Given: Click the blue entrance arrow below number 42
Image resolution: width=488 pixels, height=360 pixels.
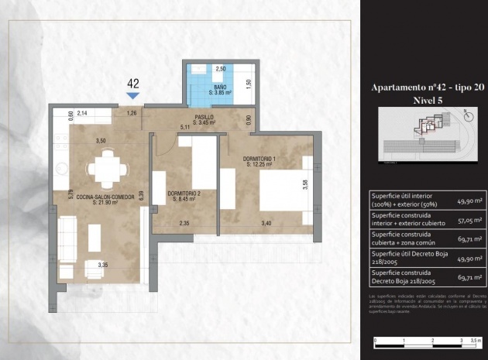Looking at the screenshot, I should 132,95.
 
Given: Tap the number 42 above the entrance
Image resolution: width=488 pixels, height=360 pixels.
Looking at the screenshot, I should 132,83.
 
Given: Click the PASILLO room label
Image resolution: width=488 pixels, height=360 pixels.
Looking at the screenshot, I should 204,119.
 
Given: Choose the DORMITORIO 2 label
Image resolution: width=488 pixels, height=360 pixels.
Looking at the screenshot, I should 184,196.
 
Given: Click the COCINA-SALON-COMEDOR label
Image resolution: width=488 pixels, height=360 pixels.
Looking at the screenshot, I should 101,201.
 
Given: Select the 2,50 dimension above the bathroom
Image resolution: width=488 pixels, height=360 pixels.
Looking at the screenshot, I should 220,69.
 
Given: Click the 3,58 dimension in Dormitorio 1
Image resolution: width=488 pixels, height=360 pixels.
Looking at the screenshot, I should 304,184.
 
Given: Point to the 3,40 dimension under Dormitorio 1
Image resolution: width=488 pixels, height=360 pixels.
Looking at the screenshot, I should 266,224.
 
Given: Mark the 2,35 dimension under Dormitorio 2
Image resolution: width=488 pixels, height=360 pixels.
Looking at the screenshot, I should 184,224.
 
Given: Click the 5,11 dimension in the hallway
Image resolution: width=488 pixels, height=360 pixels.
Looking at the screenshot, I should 184,126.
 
